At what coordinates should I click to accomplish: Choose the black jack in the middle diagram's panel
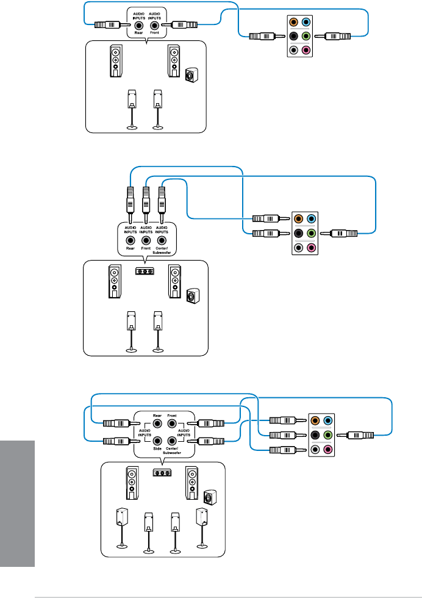298,232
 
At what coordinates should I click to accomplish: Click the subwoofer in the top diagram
191,76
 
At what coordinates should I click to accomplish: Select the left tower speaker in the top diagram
116,61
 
